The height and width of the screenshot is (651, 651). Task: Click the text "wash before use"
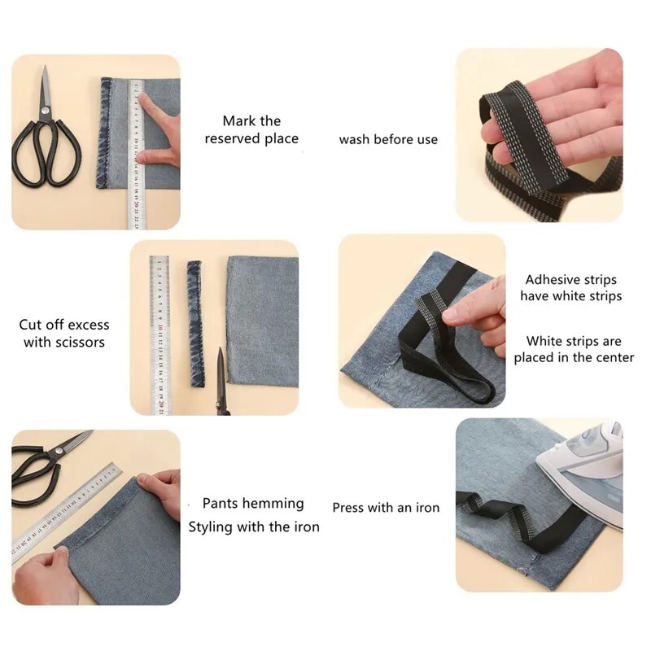[x=388, y=139]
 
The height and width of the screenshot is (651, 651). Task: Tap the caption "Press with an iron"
[x=386, y=508]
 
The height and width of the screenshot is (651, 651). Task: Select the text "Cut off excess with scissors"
[x=64, y=334]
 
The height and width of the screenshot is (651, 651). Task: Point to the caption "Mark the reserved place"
[x=251, y=130]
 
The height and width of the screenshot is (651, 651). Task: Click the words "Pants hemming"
[x=253, y=504]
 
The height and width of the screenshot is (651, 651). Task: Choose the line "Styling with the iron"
[x=254, y=526]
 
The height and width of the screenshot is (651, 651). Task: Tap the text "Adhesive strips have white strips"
[x=570, y=287]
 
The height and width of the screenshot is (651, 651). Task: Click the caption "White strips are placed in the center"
[x=574, y=349]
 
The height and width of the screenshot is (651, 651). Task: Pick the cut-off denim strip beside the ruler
[x=194, y=324]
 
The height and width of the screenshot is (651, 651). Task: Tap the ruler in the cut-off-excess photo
[x=159, y=334]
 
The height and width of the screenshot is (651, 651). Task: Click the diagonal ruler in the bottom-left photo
[x=65, y=513]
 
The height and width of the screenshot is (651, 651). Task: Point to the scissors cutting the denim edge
[x=221, y=382]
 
